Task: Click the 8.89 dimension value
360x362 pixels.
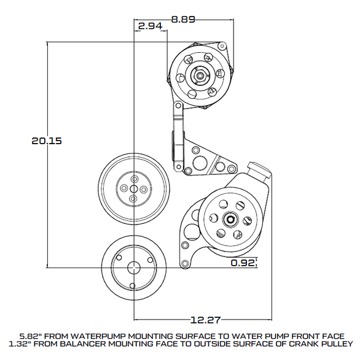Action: [183, 19]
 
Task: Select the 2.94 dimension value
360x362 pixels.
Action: [150, 26]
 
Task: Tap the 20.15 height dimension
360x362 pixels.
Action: [47, 140]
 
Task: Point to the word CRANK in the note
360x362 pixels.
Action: [302, 346]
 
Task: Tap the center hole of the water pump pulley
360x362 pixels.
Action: [134, 188]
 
